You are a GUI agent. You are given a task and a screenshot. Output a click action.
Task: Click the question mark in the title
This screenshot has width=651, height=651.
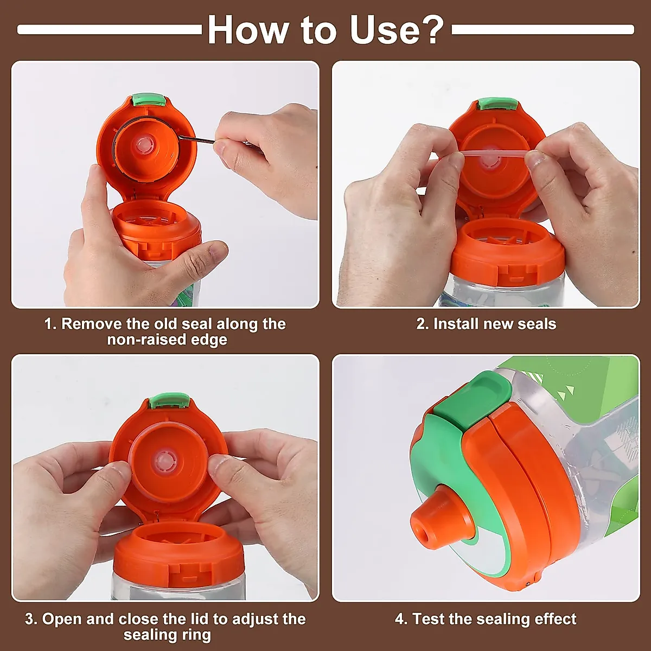(x=432, y=30)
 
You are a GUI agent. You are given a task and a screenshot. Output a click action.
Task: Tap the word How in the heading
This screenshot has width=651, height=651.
(x=247, y=30)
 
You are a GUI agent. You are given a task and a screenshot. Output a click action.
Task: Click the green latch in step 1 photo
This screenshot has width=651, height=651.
(x=148, y=100)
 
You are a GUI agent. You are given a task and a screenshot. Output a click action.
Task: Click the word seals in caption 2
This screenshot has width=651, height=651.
(x=537, y=324)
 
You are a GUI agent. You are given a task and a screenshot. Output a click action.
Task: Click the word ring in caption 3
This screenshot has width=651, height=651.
(x=196, y=635)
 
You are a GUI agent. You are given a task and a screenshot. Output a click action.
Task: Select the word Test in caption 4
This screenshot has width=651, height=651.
(x=428, y=619)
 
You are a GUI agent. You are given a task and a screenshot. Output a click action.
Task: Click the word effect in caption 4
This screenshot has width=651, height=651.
(x=555, y=619)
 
